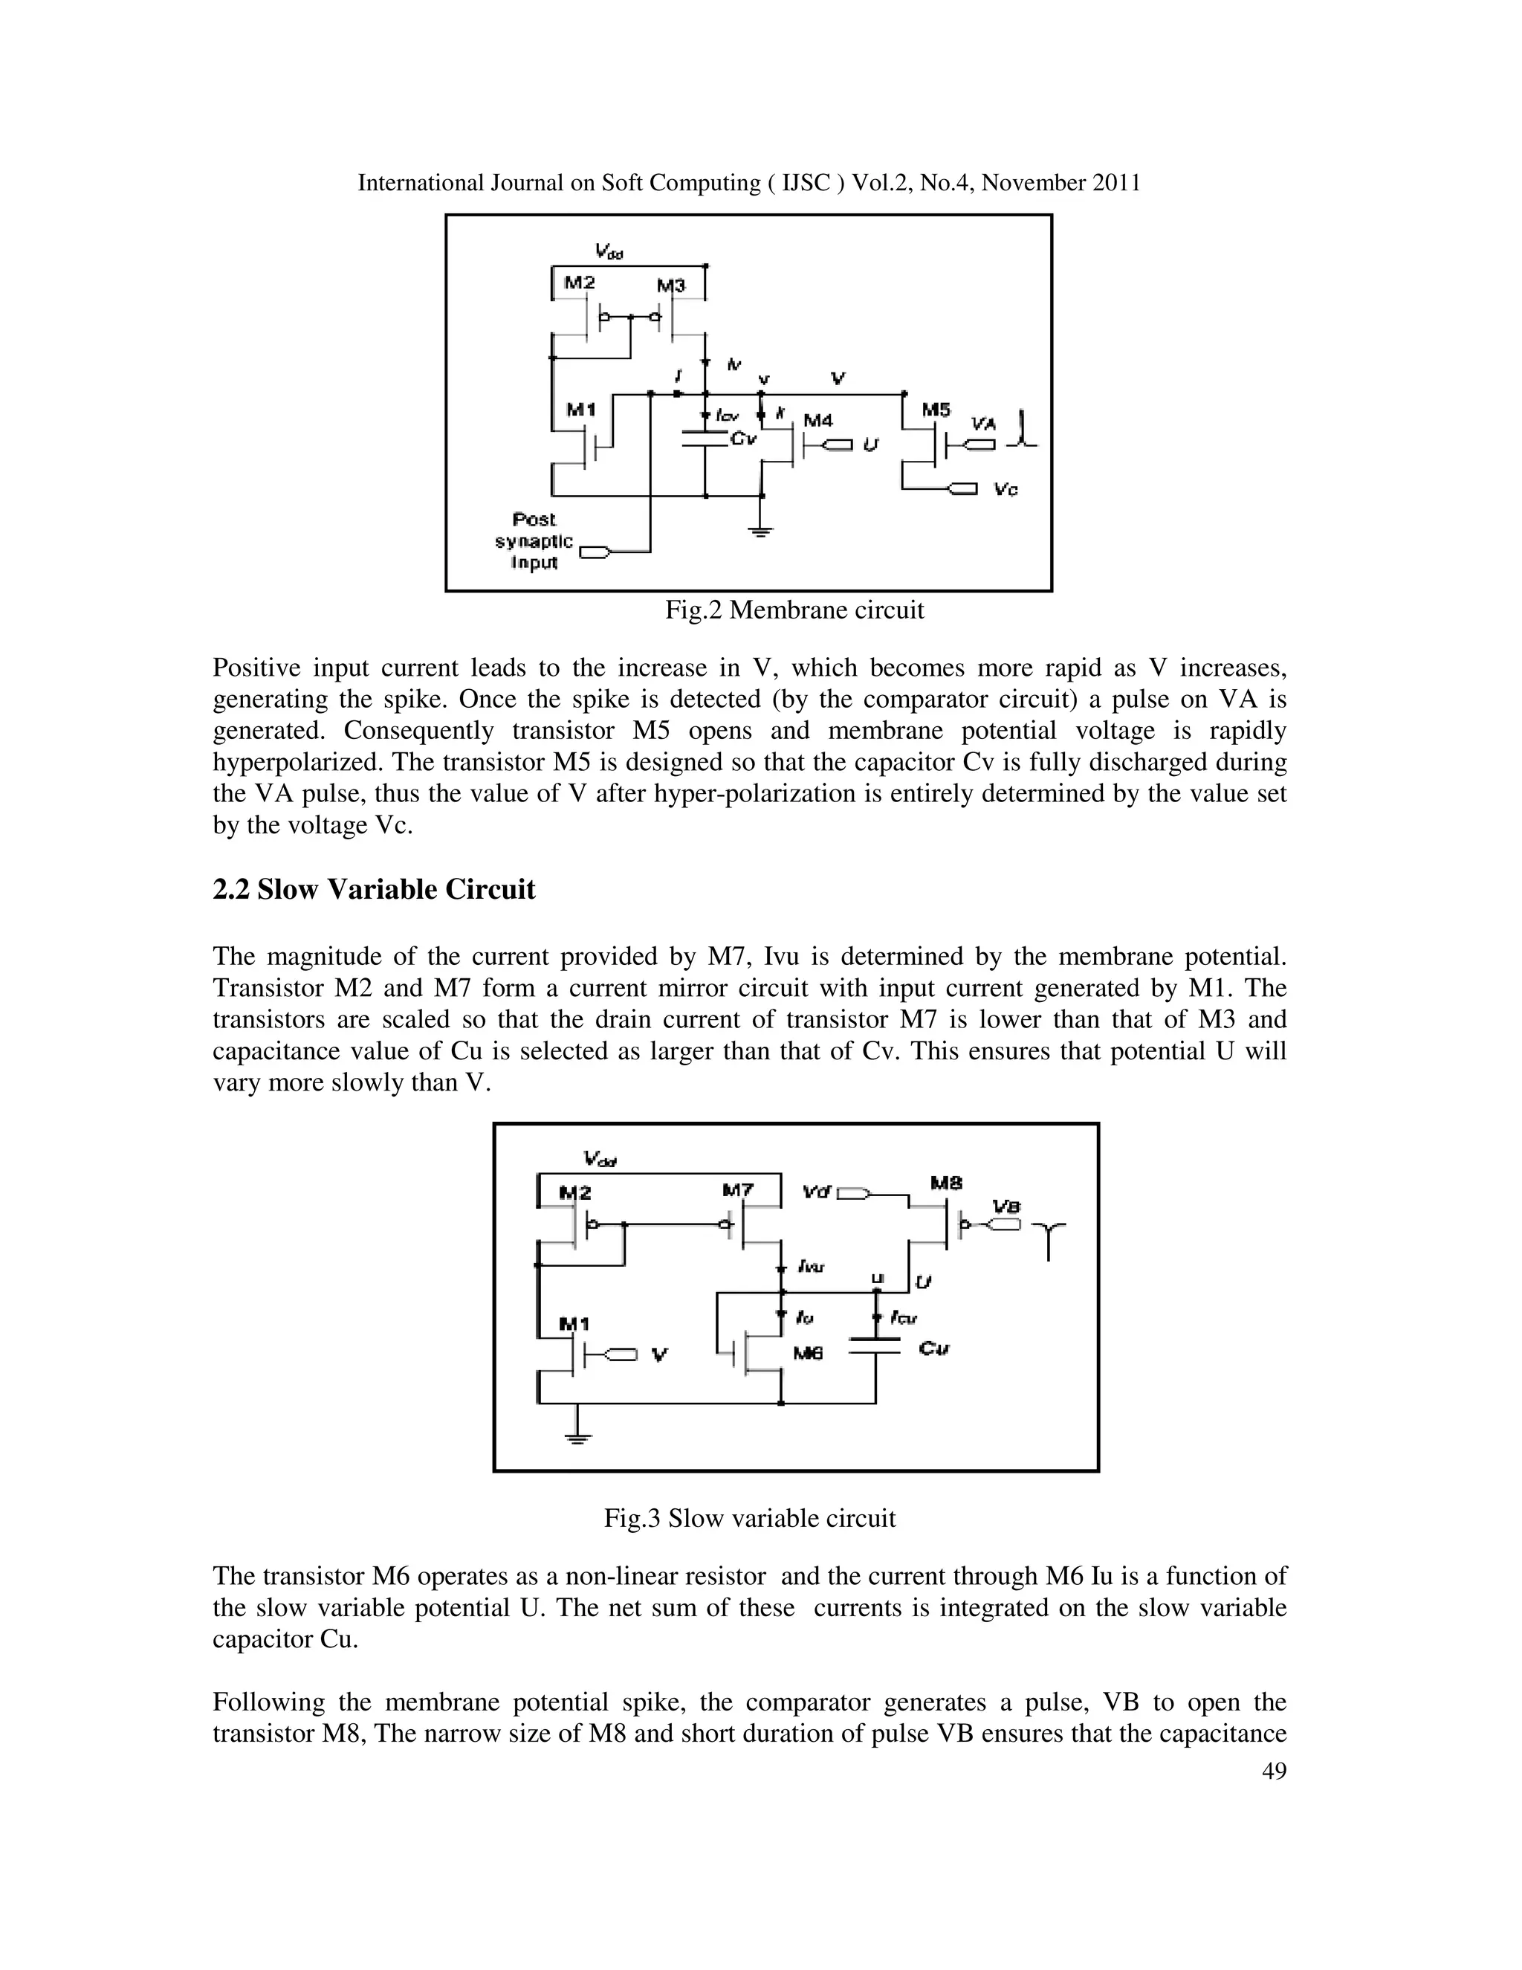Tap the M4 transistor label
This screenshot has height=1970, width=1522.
pos(817,420)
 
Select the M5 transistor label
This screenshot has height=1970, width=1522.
pos(936,410)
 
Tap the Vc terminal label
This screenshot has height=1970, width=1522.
pos(1006,489)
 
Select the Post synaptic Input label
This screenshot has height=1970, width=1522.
pos(534,541)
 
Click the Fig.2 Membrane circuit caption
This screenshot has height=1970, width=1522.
pos(794,610)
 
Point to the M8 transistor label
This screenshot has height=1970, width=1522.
pos(946,1182)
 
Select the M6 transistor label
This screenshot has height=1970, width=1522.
pos(808,1354)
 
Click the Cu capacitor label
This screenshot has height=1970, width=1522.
pos(934,1349)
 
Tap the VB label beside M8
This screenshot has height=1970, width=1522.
pos(1006,1206)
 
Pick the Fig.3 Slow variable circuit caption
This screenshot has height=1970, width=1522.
pos(749,1519)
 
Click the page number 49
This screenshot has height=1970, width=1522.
pos(1274,1772)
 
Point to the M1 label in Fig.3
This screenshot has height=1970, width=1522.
pos(574,1324)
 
